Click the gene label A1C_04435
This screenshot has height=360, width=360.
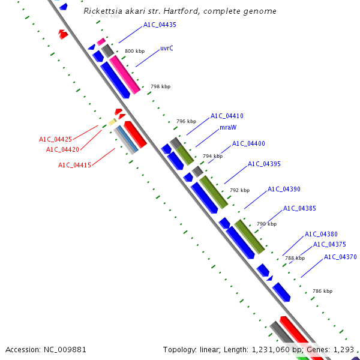point(160,25)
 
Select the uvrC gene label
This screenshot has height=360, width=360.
point(167,48)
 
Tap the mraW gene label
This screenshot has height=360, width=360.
point(227,128)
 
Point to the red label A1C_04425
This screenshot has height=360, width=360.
point(55,139)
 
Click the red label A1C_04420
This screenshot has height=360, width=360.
point(62,149)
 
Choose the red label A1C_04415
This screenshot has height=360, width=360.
point(74,165)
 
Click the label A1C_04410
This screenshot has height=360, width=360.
point(227,116)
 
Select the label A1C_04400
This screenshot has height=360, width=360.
point(248,143)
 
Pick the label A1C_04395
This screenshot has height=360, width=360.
point(264,164)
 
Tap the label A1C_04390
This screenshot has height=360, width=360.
point(284,189)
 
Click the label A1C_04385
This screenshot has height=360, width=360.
point(299,209)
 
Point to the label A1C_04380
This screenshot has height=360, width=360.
point(321,235)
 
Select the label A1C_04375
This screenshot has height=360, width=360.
point(329,244)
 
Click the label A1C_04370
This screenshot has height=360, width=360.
point(340,257)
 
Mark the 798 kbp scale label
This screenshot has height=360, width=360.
point(160,87)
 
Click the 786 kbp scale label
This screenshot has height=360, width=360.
point(322,291)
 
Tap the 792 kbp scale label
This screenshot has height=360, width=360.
point(239,190)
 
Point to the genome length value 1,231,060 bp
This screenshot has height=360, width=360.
point(278,349)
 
